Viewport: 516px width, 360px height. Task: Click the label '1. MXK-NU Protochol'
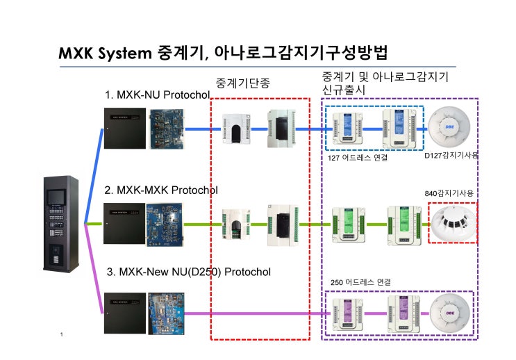(157, 95)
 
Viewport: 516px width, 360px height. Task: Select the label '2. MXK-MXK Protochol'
(161, 190)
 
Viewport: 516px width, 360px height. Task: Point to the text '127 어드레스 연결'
(358, 158)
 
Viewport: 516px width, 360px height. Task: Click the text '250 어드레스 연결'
(360, 282)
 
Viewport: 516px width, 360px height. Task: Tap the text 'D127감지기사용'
(451, 155)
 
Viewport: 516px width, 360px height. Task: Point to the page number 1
(62, 335)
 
